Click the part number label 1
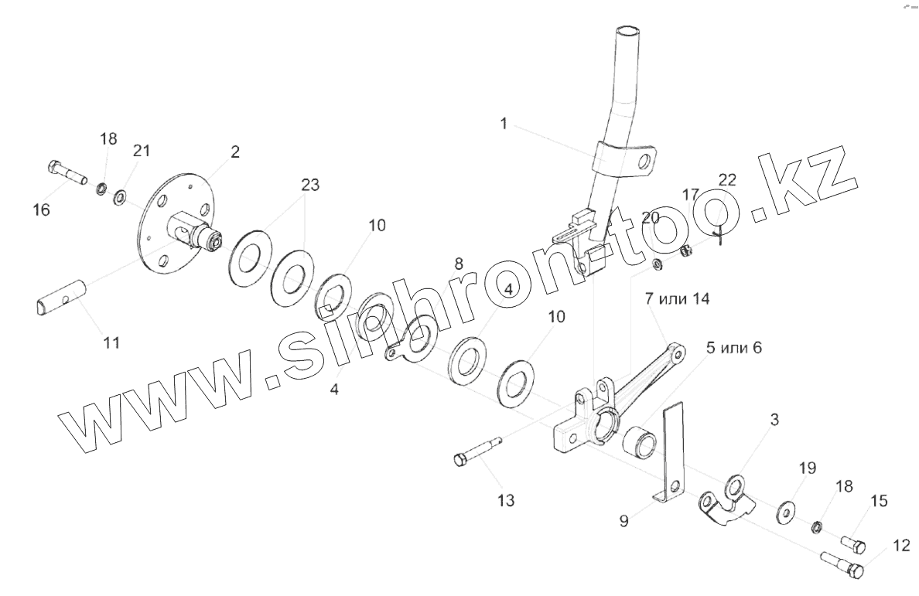pos(504,124)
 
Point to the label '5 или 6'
pos(733,348)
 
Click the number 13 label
pos(505,500)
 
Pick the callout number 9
pos(623,520)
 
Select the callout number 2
pos(235,152)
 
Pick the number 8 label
pos(459,264)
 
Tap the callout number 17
pos(690,193)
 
